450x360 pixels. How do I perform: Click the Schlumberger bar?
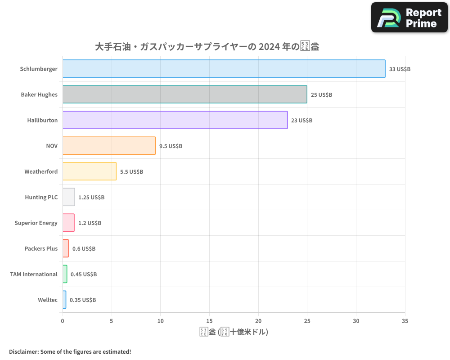point(224,69)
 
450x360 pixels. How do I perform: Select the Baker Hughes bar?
point(184,94)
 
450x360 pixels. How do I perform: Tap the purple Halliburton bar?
point(175,120)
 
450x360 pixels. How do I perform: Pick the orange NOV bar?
point(109,146)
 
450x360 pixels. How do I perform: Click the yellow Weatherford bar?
point(89,171)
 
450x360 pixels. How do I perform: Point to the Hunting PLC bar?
point(68,197)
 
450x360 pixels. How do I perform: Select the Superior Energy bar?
point(68,223)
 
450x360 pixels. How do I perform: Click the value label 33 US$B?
point(400,69)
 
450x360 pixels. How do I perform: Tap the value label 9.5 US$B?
point(171,146)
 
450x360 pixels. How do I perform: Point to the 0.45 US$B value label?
point(84,274)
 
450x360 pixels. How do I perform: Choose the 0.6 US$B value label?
point(84,248)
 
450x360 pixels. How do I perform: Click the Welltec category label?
point(48,300)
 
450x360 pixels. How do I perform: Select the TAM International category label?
point(34,274)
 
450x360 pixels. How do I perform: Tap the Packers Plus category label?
point(41,248)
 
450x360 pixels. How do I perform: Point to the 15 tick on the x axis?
point(209,321)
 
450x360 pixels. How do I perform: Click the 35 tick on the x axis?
point(405,321)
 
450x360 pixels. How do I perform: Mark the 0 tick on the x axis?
point(63,321)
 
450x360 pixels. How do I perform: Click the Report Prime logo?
point(409,18)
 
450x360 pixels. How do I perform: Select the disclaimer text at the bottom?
point(70,351)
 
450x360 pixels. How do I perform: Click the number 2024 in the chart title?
point(269,47)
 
